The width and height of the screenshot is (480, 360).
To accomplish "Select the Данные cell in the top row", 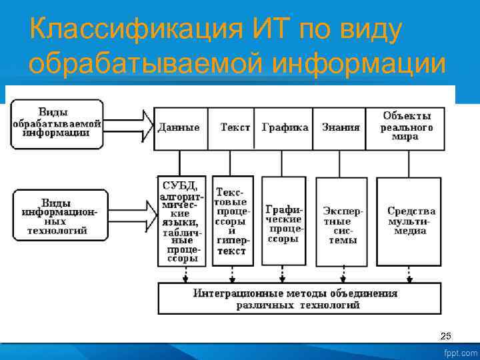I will pos(179,127).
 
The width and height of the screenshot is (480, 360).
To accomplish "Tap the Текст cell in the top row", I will pos(234,127).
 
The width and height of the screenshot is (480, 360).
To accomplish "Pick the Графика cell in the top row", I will pos(285,127).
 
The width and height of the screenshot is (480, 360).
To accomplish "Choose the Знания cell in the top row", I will pos(340,127).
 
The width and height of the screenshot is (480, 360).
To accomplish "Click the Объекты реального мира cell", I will pos(407,127).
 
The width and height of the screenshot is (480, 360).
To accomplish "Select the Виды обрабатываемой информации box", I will pos(57,123).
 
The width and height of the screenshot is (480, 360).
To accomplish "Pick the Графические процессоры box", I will pos(284,221).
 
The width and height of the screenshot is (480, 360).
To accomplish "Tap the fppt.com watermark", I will pos(460,353).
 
